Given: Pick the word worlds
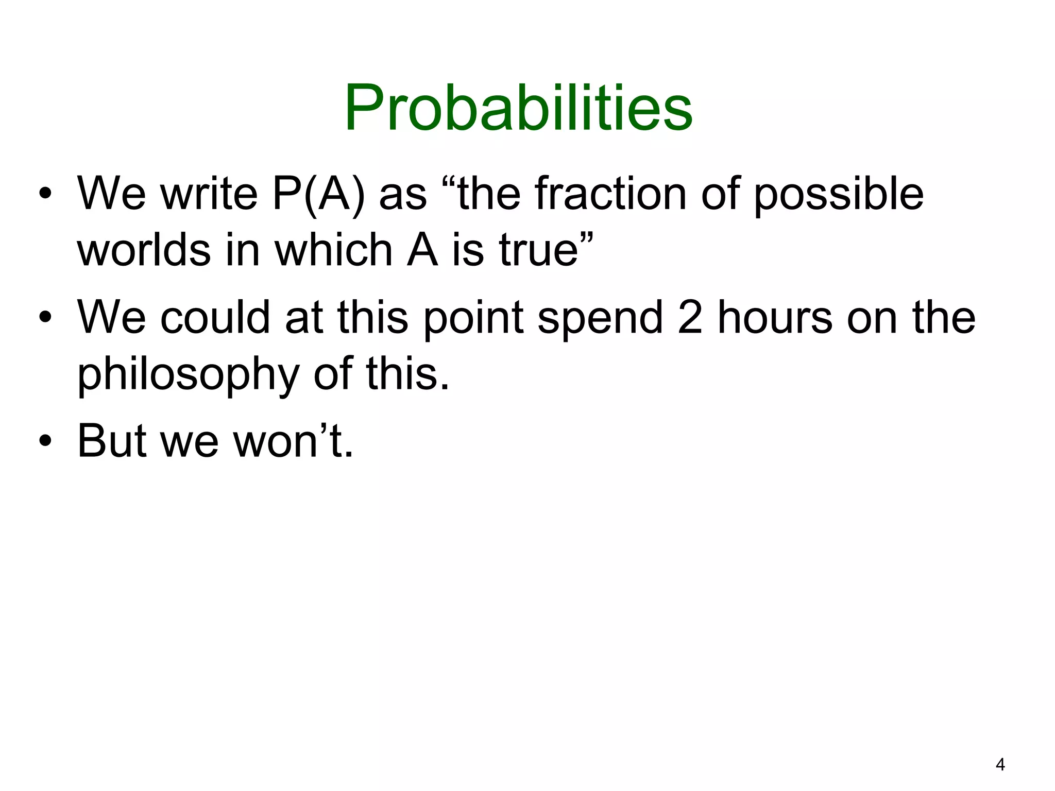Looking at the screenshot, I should point(144,250).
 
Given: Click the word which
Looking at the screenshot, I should point(333,250).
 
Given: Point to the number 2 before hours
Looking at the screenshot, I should point(690,317).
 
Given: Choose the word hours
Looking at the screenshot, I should point(775,317).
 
